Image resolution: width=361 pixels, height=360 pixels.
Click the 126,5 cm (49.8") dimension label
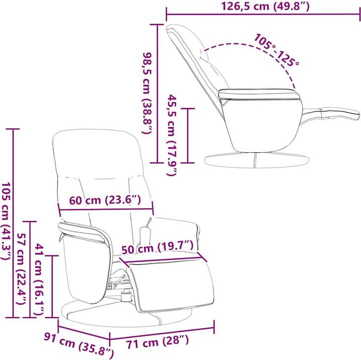265,7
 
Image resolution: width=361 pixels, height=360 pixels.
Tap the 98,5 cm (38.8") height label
147,93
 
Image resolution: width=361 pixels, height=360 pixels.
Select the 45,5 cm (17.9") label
172,135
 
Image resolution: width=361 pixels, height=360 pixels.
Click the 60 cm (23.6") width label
105,200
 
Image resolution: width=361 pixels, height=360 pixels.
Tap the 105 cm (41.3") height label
7,221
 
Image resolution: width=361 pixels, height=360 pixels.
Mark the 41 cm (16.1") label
39,279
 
